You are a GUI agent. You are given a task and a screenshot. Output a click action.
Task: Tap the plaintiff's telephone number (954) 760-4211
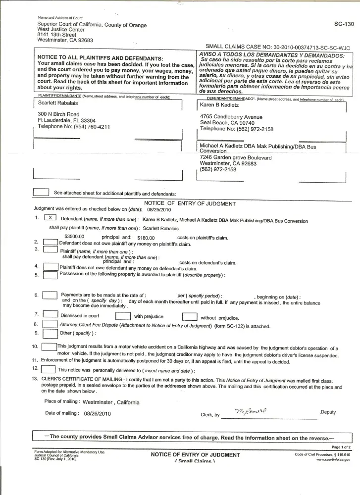(x=92, y=127)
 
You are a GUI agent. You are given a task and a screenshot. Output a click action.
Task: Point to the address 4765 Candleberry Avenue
(x=231, y=117)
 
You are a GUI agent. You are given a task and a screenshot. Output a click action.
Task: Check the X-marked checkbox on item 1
(x=51, y=218)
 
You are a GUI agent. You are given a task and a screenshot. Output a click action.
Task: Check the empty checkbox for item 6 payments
(x=50, y=296)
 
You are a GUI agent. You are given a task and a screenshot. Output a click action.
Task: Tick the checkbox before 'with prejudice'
(x=123, y=316)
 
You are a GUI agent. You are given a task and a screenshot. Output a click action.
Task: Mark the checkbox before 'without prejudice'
(x=190, y=317)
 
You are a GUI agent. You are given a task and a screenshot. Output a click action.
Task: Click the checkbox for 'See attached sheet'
(x=41, y=192)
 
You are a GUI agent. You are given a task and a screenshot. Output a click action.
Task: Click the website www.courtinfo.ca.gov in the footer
(x=333, y=460)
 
